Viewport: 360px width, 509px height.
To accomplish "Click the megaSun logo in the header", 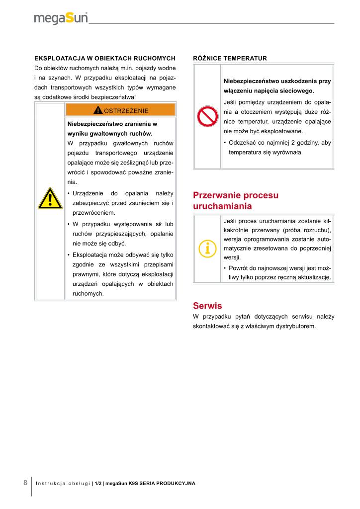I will (61, 18).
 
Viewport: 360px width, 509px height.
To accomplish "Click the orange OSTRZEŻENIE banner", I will (120, 110).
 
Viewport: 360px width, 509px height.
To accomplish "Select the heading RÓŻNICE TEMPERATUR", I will (230, 58).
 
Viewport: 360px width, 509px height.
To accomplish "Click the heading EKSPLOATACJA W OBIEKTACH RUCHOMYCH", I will (104, 58).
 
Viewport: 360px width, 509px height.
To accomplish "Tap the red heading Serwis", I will (207, 306).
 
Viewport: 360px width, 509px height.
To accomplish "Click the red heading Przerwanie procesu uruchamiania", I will (235, 200).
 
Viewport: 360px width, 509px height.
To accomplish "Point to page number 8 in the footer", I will (25, 483).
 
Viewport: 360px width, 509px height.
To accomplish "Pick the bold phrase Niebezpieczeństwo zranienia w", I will (112, 124).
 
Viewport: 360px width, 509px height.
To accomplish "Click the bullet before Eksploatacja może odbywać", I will (68, 255).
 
